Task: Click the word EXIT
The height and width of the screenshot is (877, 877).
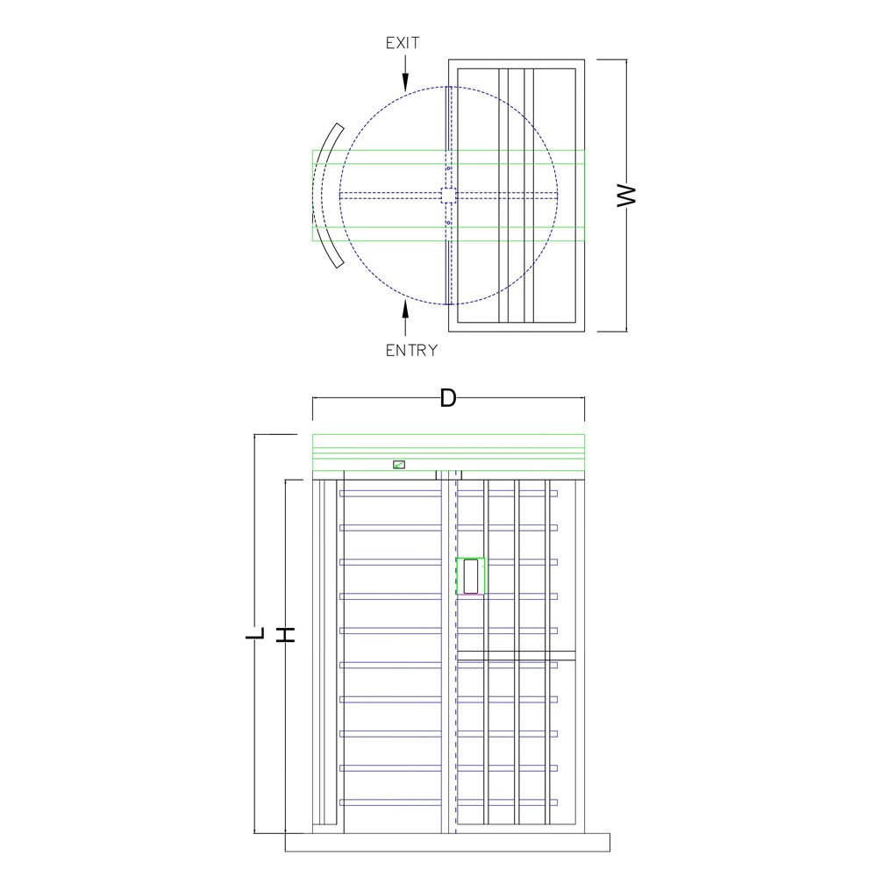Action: point(403,43)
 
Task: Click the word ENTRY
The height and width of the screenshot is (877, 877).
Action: point(411,350)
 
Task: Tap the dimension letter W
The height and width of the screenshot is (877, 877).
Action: point(626,196)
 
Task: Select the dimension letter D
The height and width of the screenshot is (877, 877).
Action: point(448,398)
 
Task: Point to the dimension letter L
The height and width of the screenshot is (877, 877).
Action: point(255,633)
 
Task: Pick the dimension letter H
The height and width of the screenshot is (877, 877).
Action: point(286,634)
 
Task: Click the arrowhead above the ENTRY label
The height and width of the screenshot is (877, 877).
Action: point(405,309)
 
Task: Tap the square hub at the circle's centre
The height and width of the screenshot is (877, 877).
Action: point(448,196)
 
